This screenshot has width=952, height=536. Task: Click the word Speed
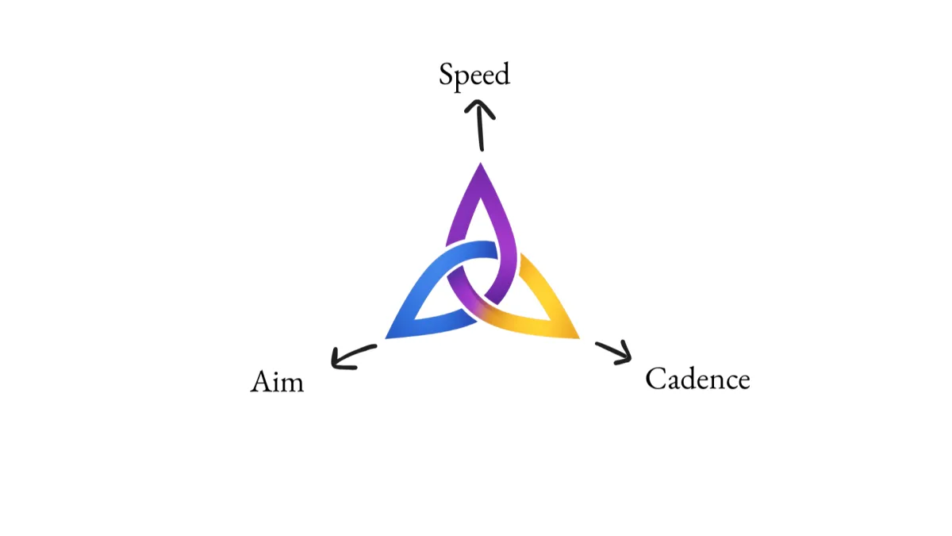474,75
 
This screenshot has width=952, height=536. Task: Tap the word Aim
277,382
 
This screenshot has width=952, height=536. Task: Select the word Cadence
697,379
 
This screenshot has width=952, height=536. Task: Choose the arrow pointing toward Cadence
613,350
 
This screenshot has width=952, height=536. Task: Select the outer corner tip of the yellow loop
578,337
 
